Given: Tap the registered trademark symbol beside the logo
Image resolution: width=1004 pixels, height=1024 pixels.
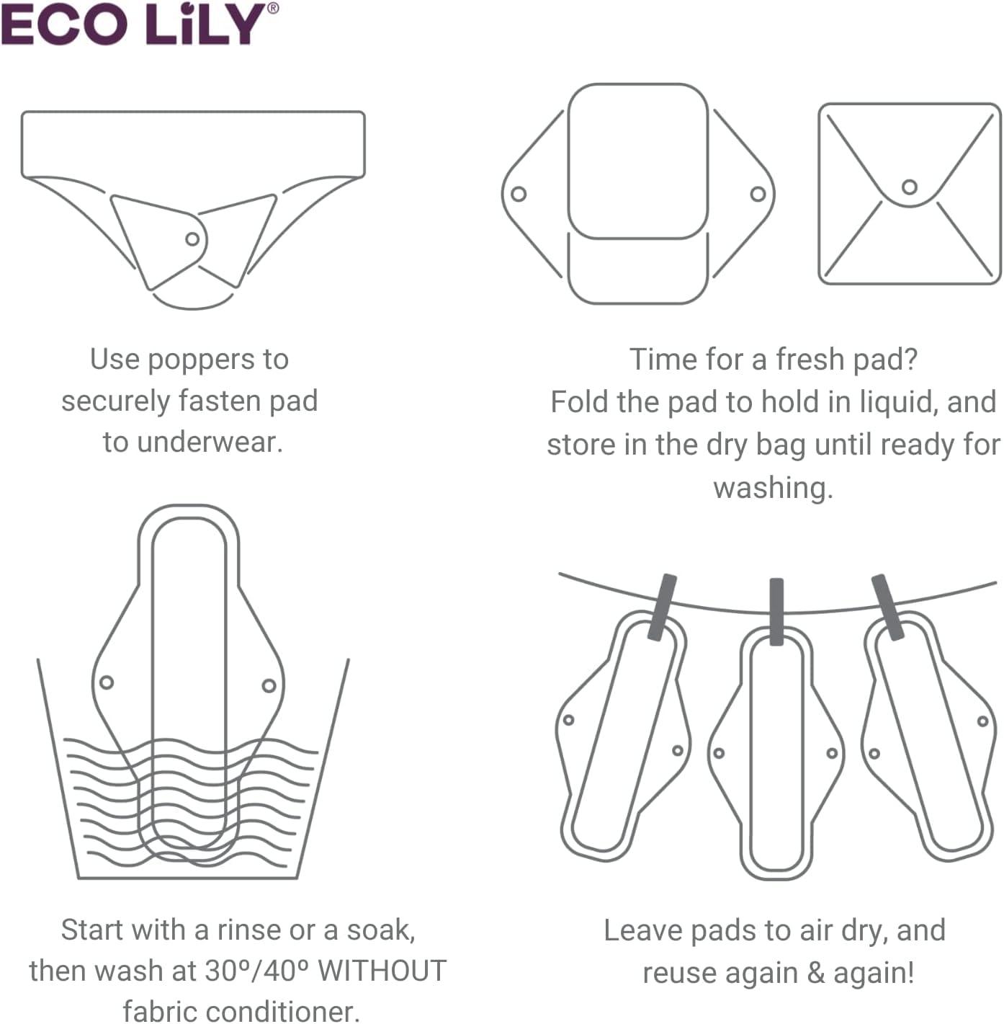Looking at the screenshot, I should (x=272, y=9).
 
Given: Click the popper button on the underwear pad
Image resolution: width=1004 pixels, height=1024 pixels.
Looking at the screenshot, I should (x=192, y=239).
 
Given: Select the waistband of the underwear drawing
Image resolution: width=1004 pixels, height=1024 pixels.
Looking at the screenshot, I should (x=193, y=143).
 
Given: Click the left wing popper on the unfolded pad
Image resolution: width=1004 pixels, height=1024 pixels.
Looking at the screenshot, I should (x=518, y=194).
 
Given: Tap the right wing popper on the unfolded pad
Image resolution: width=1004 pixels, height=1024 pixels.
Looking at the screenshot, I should (x=758, y=194).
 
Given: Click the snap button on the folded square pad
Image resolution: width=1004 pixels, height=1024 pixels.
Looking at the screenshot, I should (x=910, y=187).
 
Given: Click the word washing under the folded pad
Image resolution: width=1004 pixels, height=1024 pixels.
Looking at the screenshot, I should (x=773, y=488).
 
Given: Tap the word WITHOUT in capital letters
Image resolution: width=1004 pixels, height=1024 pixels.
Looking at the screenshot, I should (x=382, y=971).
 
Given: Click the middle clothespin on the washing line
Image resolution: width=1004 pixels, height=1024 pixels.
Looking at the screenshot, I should (x=776, y=611).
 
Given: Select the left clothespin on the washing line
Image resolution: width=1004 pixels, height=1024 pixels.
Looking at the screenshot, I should (x=662, y=607).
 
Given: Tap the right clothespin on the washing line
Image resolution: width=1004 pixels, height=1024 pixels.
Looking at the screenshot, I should (x=887, y=607).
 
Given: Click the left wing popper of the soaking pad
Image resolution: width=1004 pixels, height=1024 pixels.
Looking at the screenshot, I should (x=107, y=682).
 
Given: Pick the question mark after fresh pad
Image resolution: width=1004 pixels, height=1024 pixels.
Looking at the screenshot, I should (x=910, y=360).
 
